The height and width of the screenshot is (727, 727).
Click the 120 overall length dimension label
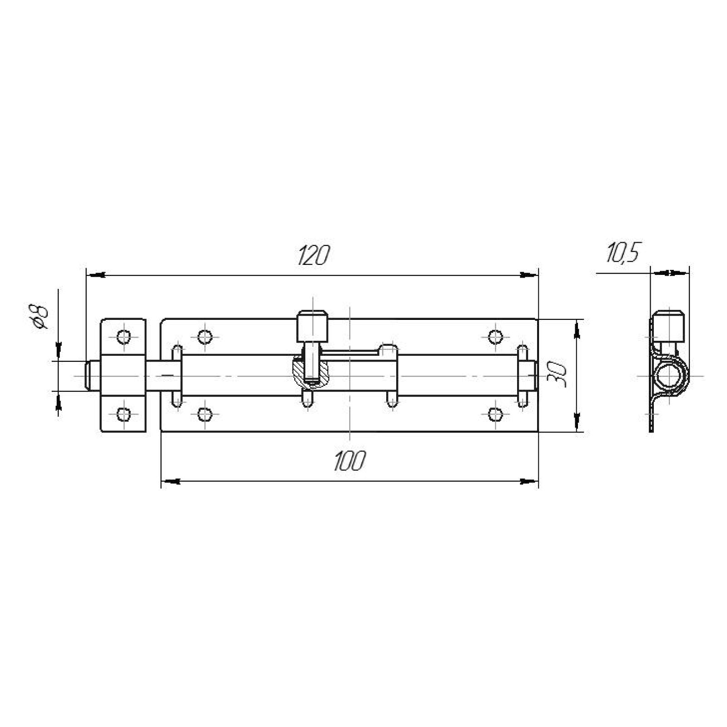click(x=313, y=256)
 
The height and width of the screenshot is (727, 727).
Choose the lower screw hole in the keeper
click(x=123, y=414)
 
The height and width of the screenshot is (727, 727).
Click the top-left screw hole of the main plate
click(x=205, y=337)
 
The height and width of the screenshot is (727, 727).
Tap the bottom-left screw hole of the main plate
click(x=205, y=414)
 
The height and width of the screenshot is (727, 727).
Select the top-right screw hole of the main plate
click(x=496, y=337)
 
